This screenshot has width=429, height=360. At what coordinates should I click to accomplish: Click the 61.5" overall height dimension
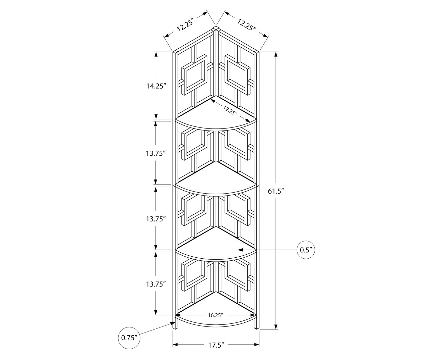click(x=276, y=191)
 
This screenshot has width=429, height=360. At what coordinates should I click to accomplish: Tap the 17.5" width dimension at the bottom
click(x=216, y=345)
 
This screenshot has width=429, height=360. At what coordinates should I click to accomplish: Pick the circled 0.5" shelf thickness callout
click(x=306, y=250)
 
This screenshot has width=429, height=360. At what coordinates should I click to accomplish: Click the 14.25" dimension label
click(x=156, y=86)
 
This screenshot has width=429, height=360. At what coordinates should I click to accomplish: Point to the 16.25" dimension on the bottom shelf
click(x=215, y=315)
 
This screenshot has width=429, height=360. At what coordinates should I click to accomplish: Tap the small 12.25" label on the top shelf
click(x=230, y=110)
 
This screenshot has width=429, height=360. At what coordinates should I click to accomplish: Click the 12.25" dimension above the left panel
click(x=185, y=25)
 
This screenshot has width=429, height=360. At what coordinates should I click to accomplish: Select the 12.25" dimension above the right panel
click(x=247, y=25)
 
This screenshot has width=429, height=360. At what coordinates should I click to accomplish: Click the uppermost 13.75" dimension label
click(x=156, y=153)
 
